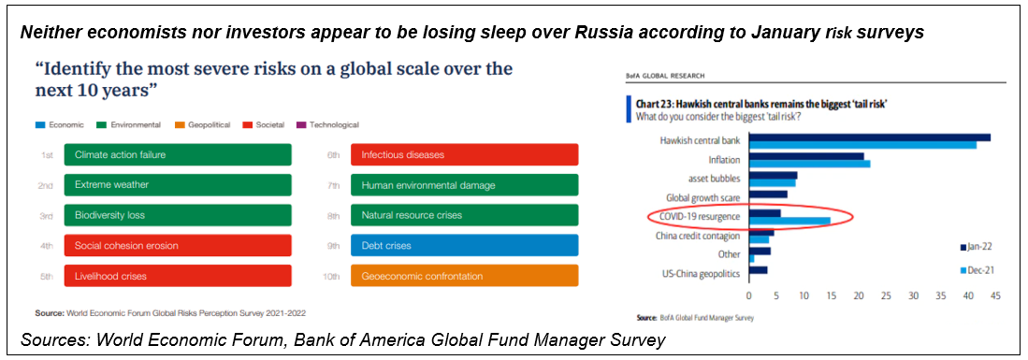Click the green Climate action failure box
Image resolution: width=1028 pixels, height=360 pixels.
click(x=178, y=155)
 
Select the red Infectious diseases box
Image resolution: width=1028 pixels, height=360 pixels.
click(x=465, y=155)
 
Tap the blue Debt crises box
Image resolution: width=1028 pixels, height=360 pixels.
click(x=465, y=245)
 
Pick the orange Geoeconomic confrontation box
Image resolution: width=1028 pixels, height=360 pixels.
click(x=465, y=276)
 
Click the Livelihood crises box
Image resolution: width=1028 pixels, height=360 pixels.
click(x=178, y=276)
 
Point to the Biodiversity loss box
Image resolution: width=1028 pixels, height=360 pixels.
click(x=178, y=215)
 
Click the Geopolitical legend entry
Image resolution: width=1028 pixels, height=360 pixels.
click(x=201, y=124)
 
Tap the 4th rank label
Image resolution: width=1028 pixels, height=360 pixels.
click(x=45, y=246)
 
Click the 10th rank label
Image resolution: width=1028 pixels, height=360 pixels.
click(x=332, y=276)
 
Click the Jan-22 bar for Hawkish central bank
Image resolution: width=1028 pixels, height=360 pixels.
click(x=869, y=137)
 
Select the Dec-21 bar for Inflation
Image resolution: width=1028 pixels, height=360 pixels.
click(x=810, y=164)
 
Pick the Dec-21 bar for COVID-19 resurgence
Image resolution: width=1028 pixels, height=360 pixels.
click(x=789, y=221)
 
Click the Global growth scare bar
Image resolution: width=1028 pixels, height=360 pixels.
click(x=768, y=194)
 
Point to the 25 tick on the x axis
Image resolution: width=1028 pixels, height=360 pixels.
click(x=886, y=295)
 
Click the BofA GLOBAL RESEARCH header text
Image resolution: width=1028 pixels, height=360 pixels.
click(x=665, y=76)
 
